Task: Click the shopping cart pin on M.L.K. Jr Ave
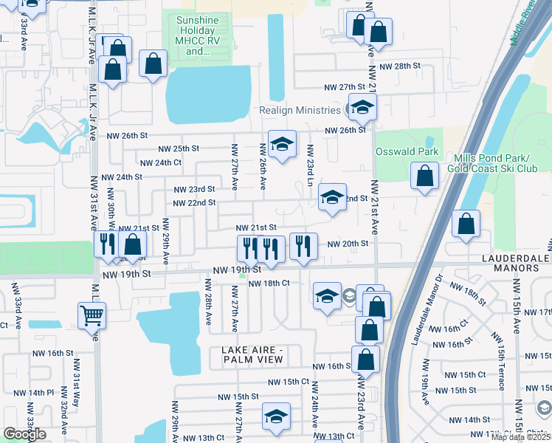(92, 315)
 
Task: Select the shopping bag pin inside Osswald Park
(424, 176)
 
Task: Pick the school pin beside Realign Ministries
(362, 109)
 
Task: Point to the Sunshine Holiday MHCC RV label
(203, 36)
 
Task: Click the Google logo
(24, 434)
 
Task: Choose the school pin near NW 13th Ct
(277, 417)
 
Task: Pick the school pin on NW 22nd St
(332, 198)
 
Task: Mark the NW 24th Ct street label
(160, 162)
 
